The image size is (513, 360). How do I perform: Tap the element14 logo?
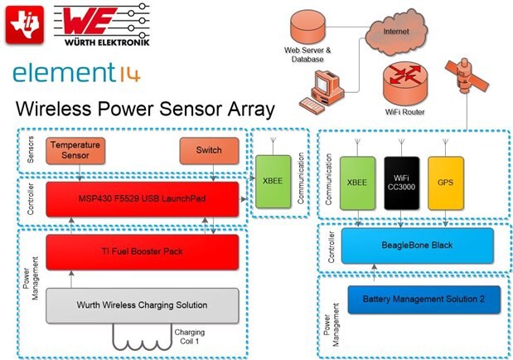tap(77, 75)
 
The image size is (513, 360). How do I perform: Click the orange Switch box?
tap(209, 150)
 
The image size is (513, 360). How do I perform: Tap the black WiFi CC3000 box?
tap(401, 182)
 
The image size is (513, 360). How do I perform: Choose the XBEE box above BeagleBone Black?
tap(357, 182)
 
